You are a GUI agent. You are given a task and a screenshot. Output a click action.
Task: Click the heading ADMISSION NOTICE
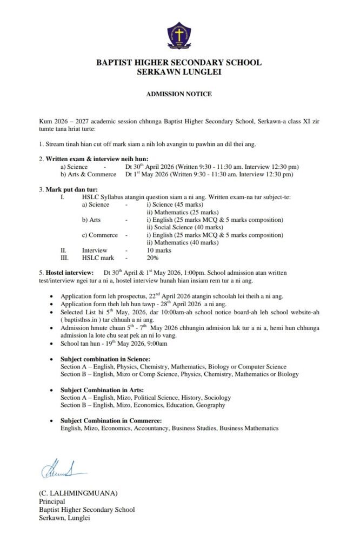179,94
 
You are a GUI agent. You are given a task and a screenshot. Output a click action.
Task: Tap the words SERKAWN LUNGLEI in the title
179,71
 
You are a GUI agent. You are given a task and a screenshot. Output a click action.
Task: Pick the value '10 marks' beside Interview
159,250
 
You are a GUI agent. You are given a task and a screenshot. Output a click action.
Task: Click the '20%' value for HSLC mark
154,258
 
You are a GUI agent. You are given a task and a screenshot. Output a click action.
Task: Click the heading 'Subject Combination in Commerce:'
111,421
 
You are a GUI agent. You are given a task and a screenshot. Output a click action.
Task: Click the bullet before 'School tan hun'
51,344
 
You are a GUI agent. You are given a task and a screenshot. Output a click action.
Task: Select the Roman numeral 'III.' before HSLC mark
64,258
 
